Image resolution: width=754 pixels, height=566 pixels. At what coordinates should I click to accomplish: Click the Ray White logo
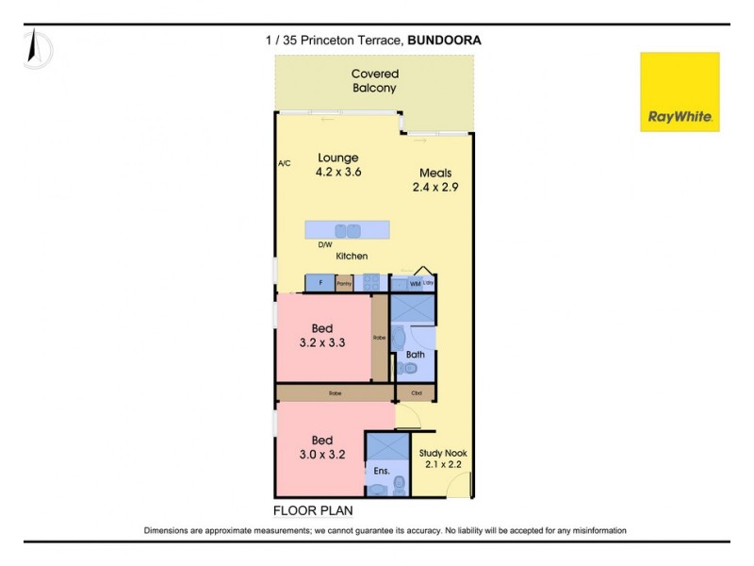pyautogui.click(x=680, y=92)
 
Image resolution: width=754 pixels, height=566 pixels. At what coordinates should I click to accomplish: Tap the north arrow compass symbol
pyautogui.click(x=37, y=47)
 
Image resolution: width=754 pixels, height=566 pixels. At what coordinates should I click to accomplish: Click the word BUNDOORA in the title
pyautogui.click(x=444, y=40)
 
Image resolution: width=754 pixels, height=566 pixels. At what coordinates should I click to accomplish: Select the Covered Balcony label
pyautogui.click(x=374, y=80)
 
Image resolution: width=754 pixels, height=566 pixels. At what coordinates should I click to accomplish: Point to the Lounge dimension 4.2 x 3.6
pyautogui.click(x=339, y=173)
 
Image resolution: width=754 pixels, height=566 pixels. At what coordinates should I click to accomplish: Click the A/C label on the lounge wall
pyautogui.click(x=284, y=163)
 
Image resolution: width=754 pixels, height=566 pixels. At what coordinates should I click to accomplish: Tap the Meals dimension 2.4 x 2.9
pyautogui.click(x=436, y=188)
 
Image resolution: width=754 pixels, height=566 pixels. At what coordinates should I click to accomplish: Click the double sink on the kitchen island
pyautogui.click(x=348, y=230)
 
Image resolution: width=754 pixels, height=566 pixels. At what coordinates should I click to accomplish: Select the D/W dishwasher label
pyautogui.click(x=324, y=244)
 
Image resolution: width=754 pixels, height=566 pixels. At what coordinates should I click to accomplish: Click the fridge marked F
pyautogui.click(x=320, y=283)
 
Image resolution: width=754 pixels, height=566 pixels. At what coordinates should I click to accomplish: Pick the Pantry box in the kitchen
pyautogui.click(x=344, y=283)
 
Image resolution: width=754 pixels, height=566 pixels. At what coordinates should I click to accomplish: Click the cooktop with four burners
pyautogui.click(x=371, y=283)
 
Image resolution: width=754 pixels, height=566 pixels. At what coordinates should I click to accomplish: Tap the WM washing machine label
pyautogui.click(x=415, y=283)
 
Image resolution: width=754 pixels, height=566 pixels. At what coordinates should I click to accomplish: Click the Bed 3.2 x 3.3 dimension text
pyautogui.click(x=322, y=343)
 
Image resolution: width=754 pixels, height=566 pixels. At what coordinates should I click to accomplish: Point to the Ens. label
pyautogui.click(x=382, y=470)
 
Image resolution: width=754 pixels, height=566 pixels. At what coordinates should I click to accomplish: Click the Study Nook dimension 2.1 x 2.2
pyautogui.click(x=442, y=465)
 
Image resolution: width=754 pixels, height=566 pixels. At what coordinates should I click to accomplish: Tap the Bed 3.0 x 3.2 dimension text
pyautogui.click(x=322, y=454)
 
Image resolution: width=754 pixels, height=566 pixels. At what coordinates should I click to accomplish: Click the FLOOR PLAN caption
pyautogui.click(x=313, y=510)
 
